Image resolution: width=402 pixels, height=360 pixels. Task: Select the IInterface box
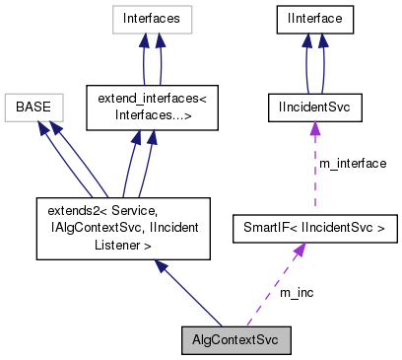tap(313, 17)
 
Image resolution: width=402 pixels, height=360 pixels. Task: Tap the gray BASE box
tap(34, 105)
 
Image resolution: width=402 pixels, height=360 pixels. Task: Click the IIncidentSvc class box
tap(313, 105)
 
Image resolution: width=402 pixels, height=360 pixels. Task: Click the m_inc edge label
tap(295, 292)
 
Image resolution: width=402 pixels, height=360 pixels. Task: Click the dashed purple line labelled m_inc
tap(275, 286)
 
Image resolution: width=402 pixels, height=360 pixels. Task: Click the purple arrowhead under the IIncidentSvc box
tap(313, 127)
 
